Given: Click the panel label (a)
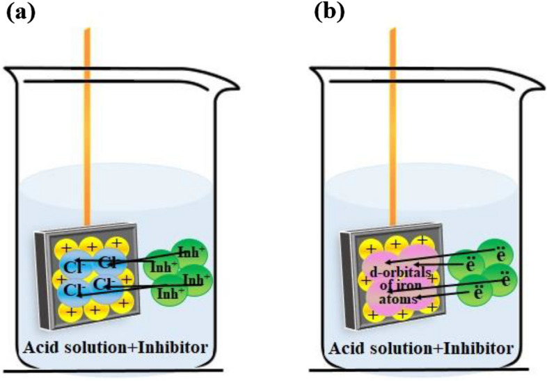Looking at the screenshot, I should click(x=21, y=13).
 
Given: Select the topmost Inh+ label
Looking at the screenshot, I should click(x=190, y=252).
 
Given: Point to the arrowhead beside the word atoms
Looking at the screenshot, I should click(x=418, y=299).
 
